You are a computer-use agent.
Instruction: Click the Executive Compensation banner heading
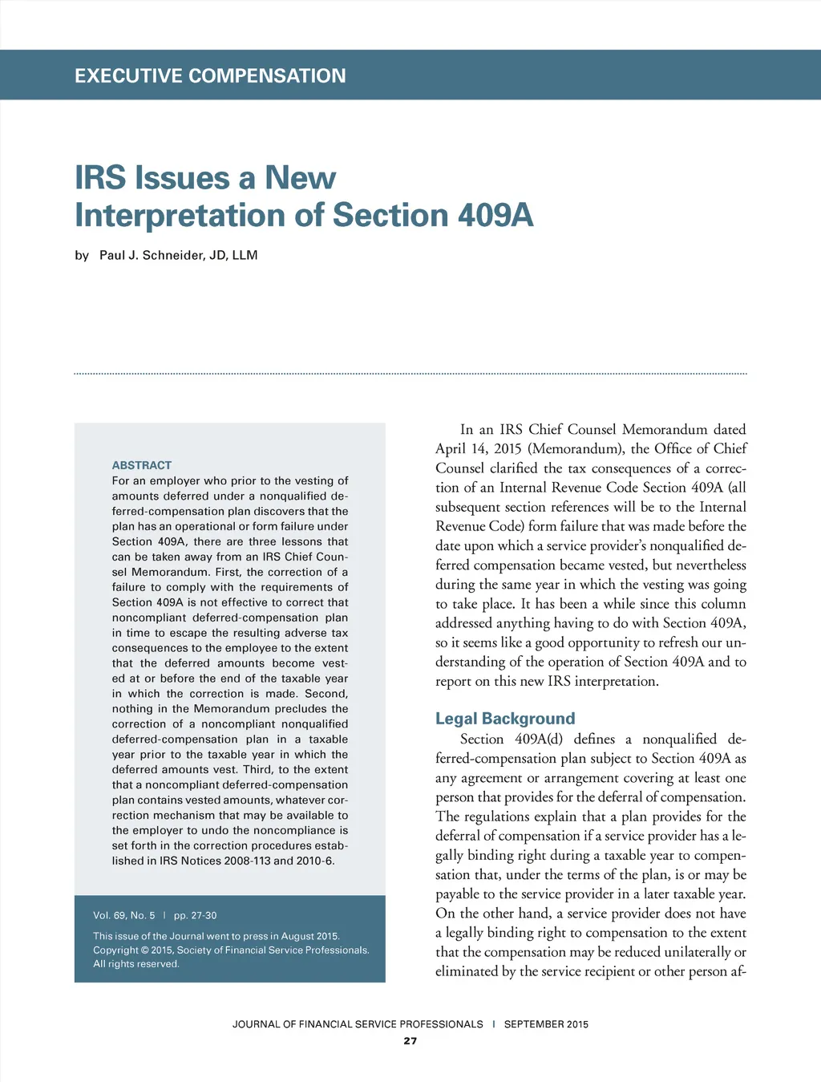click(x=210, y=76)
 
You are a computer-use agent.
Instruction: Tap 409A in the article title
click(x=495, y=215)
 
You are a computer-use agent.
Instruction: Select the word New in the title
click(x=301, y=178)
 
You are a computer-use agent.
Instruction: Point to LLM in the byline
click(x=245, y=255)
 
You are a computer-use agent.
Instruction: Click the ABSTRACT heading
click(x=142, y=465)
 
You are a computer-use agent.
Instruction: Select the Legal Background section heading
click(x=505, y=719)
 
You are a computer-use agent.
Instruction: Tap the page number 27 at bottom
click(x=410, y=1041)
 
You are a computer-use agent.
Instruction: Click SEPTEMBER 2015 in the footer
click(x=546, y=1024)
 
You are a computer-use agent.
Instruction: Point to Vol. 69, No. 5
click(x=124, y=915)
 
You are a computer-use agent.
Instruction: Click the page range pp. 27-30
click(x=195, y=915)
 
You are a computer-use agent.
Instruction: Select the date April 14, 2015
click(x=478, y=449)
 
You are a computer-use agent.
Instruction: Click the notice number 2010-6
click(x=314, y=861)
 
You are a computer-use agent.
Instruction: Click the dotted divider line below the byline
click(x=410, y=374)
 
